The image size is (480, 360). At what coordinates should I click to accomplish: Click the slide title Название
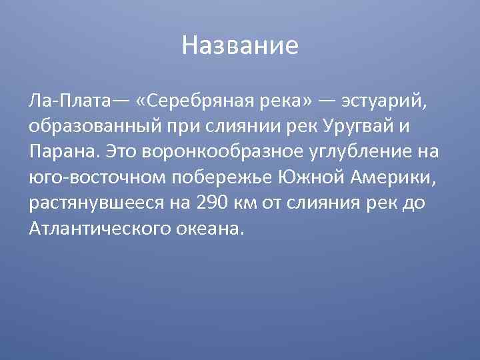240,46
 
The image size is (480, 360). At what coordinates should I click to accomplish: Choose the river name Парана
62,151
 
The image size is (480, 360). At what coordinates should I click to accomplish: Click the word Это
121,151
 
